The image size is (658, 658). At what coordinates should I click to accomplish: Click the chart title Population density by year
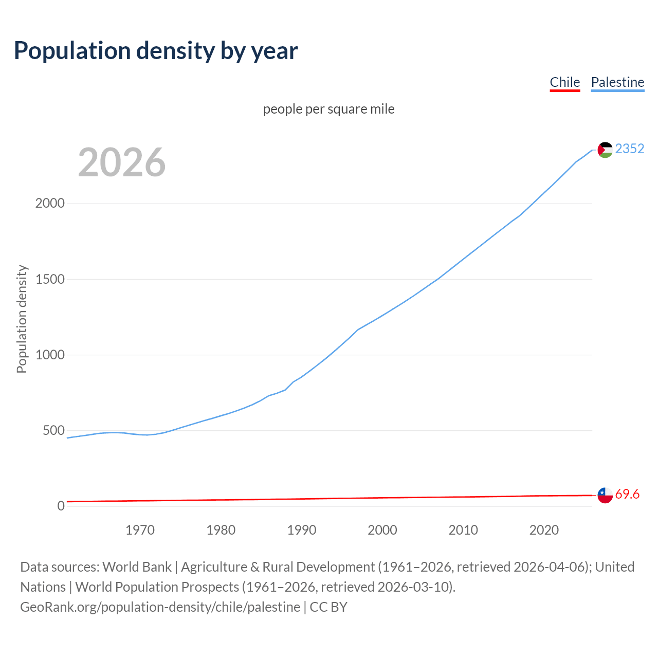point(156,51)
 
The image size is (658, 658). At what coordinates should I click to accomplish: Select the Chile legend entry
point(564,82)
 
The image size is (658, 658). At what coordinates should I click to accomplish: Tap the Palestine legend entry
point(617,82)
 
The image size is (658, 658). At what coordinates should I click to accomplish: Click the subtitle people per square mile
point(328,109)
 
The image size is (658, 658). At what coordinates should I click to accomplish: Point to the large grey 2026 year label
point(122,162)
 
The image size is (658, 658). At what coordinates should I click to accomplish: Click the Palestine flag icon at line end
point(605,150)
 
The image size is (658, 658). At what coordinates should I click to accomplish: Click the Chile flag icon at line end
point(605,495)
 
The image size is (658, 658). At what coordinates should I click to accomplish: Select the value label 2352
point(629,149)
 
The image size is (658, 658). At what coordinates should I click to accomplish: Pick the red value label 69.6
point(627,494)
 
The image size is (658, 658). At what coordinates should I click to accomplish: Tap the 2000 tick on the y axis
point(50,204)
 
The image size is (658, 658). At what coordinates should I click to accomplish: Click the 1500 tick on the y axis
point(50,279)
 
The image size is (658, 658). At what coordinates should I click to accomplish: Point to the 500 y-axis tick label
point(53,430)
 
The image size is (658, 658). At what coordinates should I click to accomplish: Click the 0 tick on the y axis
point(61,506)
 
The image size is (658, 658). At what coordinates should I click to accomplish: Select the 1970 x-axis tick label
point(140,530)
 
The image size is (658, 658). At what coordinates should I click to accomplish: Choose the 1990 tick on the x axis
point(302,530)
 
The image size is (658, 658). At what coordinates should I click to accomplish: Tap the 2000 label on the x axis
point(382,530)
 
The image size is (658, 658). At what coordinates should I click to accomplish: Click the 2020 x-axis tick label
point(544,530)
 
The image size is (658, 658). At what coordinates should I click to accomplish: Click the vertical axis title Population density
point(22,319)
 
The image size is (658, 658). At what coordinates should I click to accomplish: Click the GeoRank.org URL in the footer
point(160,607)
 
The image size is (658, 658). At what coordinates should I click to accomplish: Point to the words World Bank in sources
point(137,567)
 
